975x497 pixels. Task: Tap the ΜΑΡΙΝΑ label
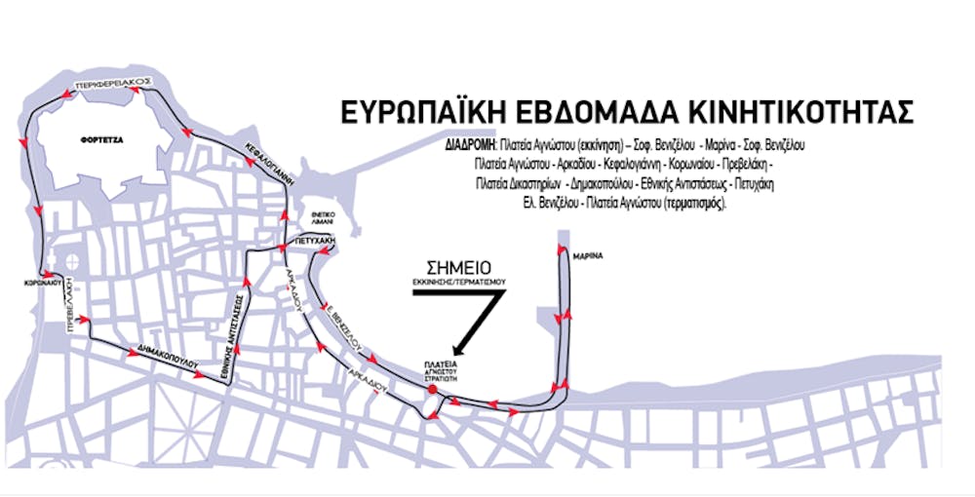click(x=590, y=255)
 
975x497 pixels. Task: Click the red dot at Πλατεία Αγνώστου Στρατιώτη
click(x=431, y=390)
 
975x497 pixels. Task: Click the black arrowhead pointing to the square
click(x=456, y=349)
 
